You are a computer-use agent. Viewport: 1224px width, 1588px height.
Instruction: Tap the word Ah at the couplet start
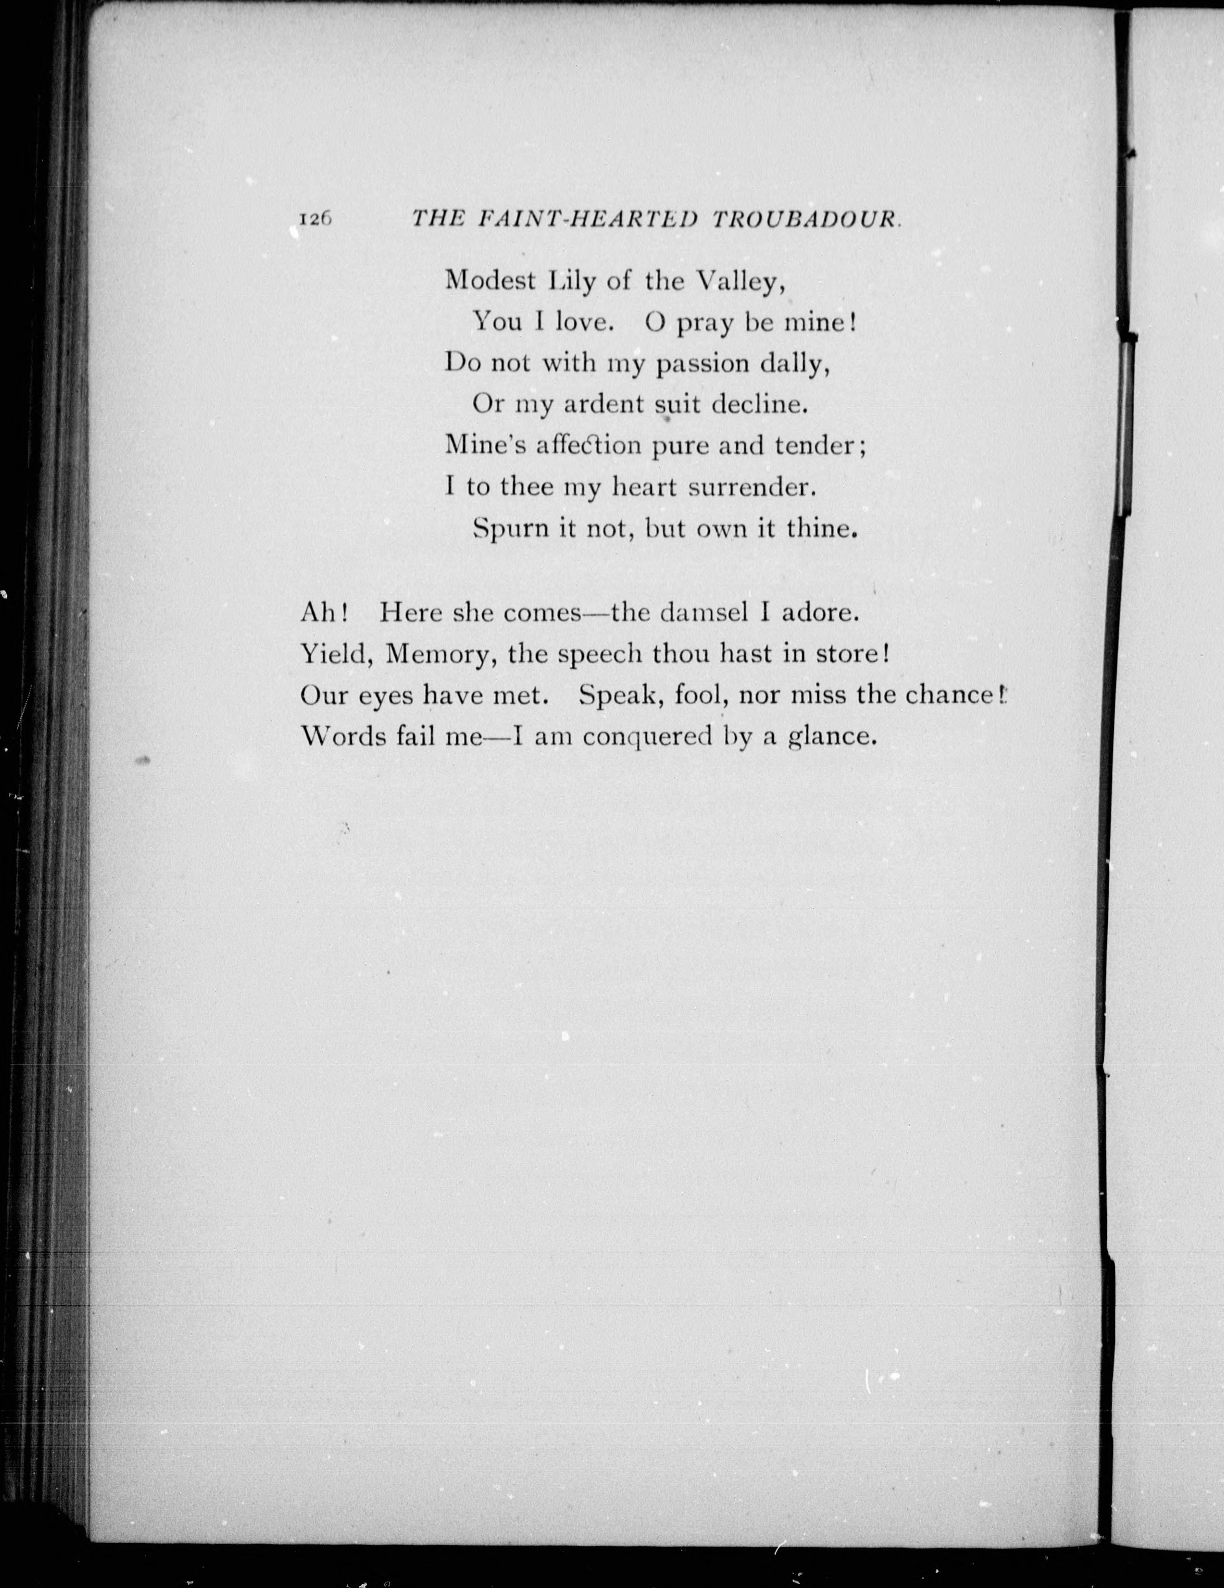320,613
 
